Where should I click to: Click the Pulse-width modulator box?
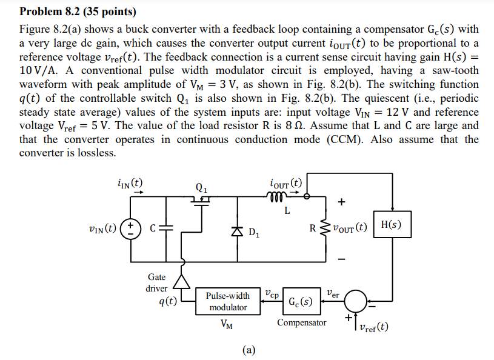click(x=228, y=301)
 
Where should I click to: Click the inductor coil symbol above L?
click(x=275, y=196)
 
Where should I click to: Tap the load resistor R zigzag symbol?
click(x=322, y=228)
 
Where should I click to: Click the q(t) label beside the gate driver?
click(x=167, y=301)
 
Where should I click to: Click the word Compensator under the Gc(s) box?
click(x=301, y=323)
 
